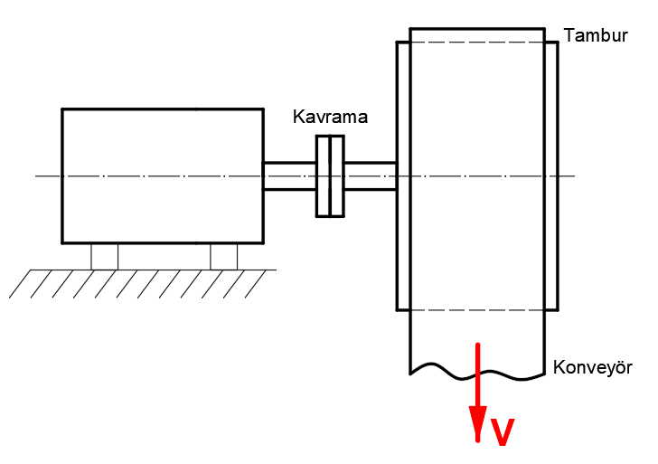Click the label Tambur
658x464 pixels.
(x=595, y=35)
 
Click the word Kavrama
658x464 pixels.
(x=330, y=118)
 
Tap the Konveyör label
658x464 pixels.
(x=592, y=367)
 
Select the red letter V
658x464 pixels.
(x=503, y=433)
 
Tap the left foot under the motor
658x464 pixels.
(x=104, y=256)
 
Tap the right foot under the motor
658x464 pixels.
(x=223, y=256)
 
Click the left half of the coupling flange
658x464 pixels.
(x=323, y=175)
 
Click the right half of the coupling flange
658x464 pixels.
(x=338, y=175)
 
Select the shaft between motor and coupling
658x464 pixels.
(x=288, y=175)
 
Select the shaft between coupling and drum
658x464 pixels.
(x=371, y=175)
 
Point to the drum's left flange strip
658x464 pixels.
(x=403, y=175)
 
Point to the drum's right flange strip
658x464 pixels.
(x=551, y=175)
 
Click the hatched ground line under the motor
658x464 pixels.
(x=145, y=270)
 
